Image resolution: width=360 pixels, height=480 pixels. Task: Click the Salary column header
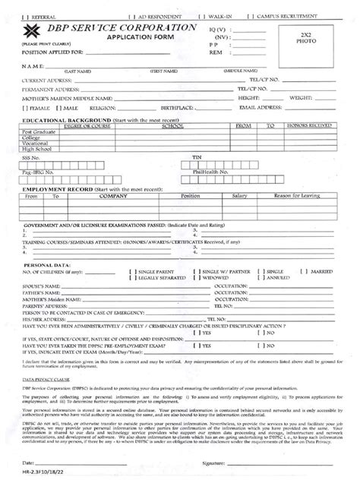point(241,195)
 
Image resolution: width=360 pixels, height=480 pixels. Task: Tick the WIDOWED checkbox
point(197,278)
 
